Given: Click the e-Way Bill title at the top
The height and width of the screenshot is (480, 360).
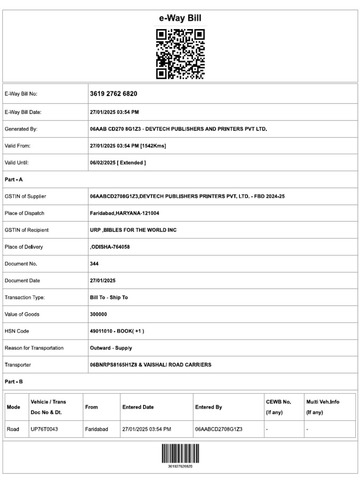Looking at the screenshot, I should pos(180,18).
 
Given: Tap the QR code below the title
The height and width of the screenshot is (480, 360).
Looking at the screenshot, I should pos(180,54).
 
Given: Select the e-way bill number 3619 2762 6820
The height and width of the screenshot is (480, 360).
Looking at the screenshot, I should pos(113,94).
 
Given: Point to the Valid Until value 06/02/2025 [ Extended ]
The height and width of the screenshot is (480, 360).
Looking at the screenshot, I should pos(118,163).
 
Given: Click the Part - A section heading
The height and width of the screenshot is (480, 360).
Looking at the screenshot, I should pos(14,180).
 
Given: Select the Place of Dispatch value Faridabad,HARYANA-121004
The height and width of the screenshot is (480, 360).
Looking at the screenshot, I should pos(124,213).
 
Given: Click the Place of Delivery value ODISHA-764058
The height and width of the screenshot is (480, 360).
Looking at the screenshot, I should pos(111,247).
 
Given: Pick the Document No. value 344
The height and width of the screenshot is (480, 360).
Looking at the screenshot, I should pos(94,264).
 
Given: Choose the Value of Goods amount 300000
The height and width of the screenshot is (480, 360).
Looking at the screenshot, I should pos(98,314).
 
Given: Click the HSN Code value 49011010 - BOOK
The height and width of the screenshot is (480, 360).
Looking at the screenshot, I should pos(117,331).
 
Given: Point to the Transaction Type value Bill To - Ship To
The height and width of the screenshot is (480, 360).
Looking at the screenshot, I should pos(109,297).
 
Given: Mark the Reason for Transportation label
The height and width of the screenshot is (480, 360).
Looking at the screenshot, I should pos(34,348).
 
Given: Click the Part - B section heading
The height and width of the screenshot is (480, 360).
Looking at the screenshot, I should pos(14,382).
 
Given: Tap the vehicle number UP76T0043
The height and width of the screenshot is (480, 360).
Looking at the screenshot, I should pos(44,429).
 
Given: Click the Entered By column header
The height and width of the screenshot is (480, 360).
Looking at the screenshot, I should pos(208,407).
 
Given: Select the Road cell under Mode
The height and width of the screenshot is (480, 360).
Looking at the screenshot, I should pos(13,429).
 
